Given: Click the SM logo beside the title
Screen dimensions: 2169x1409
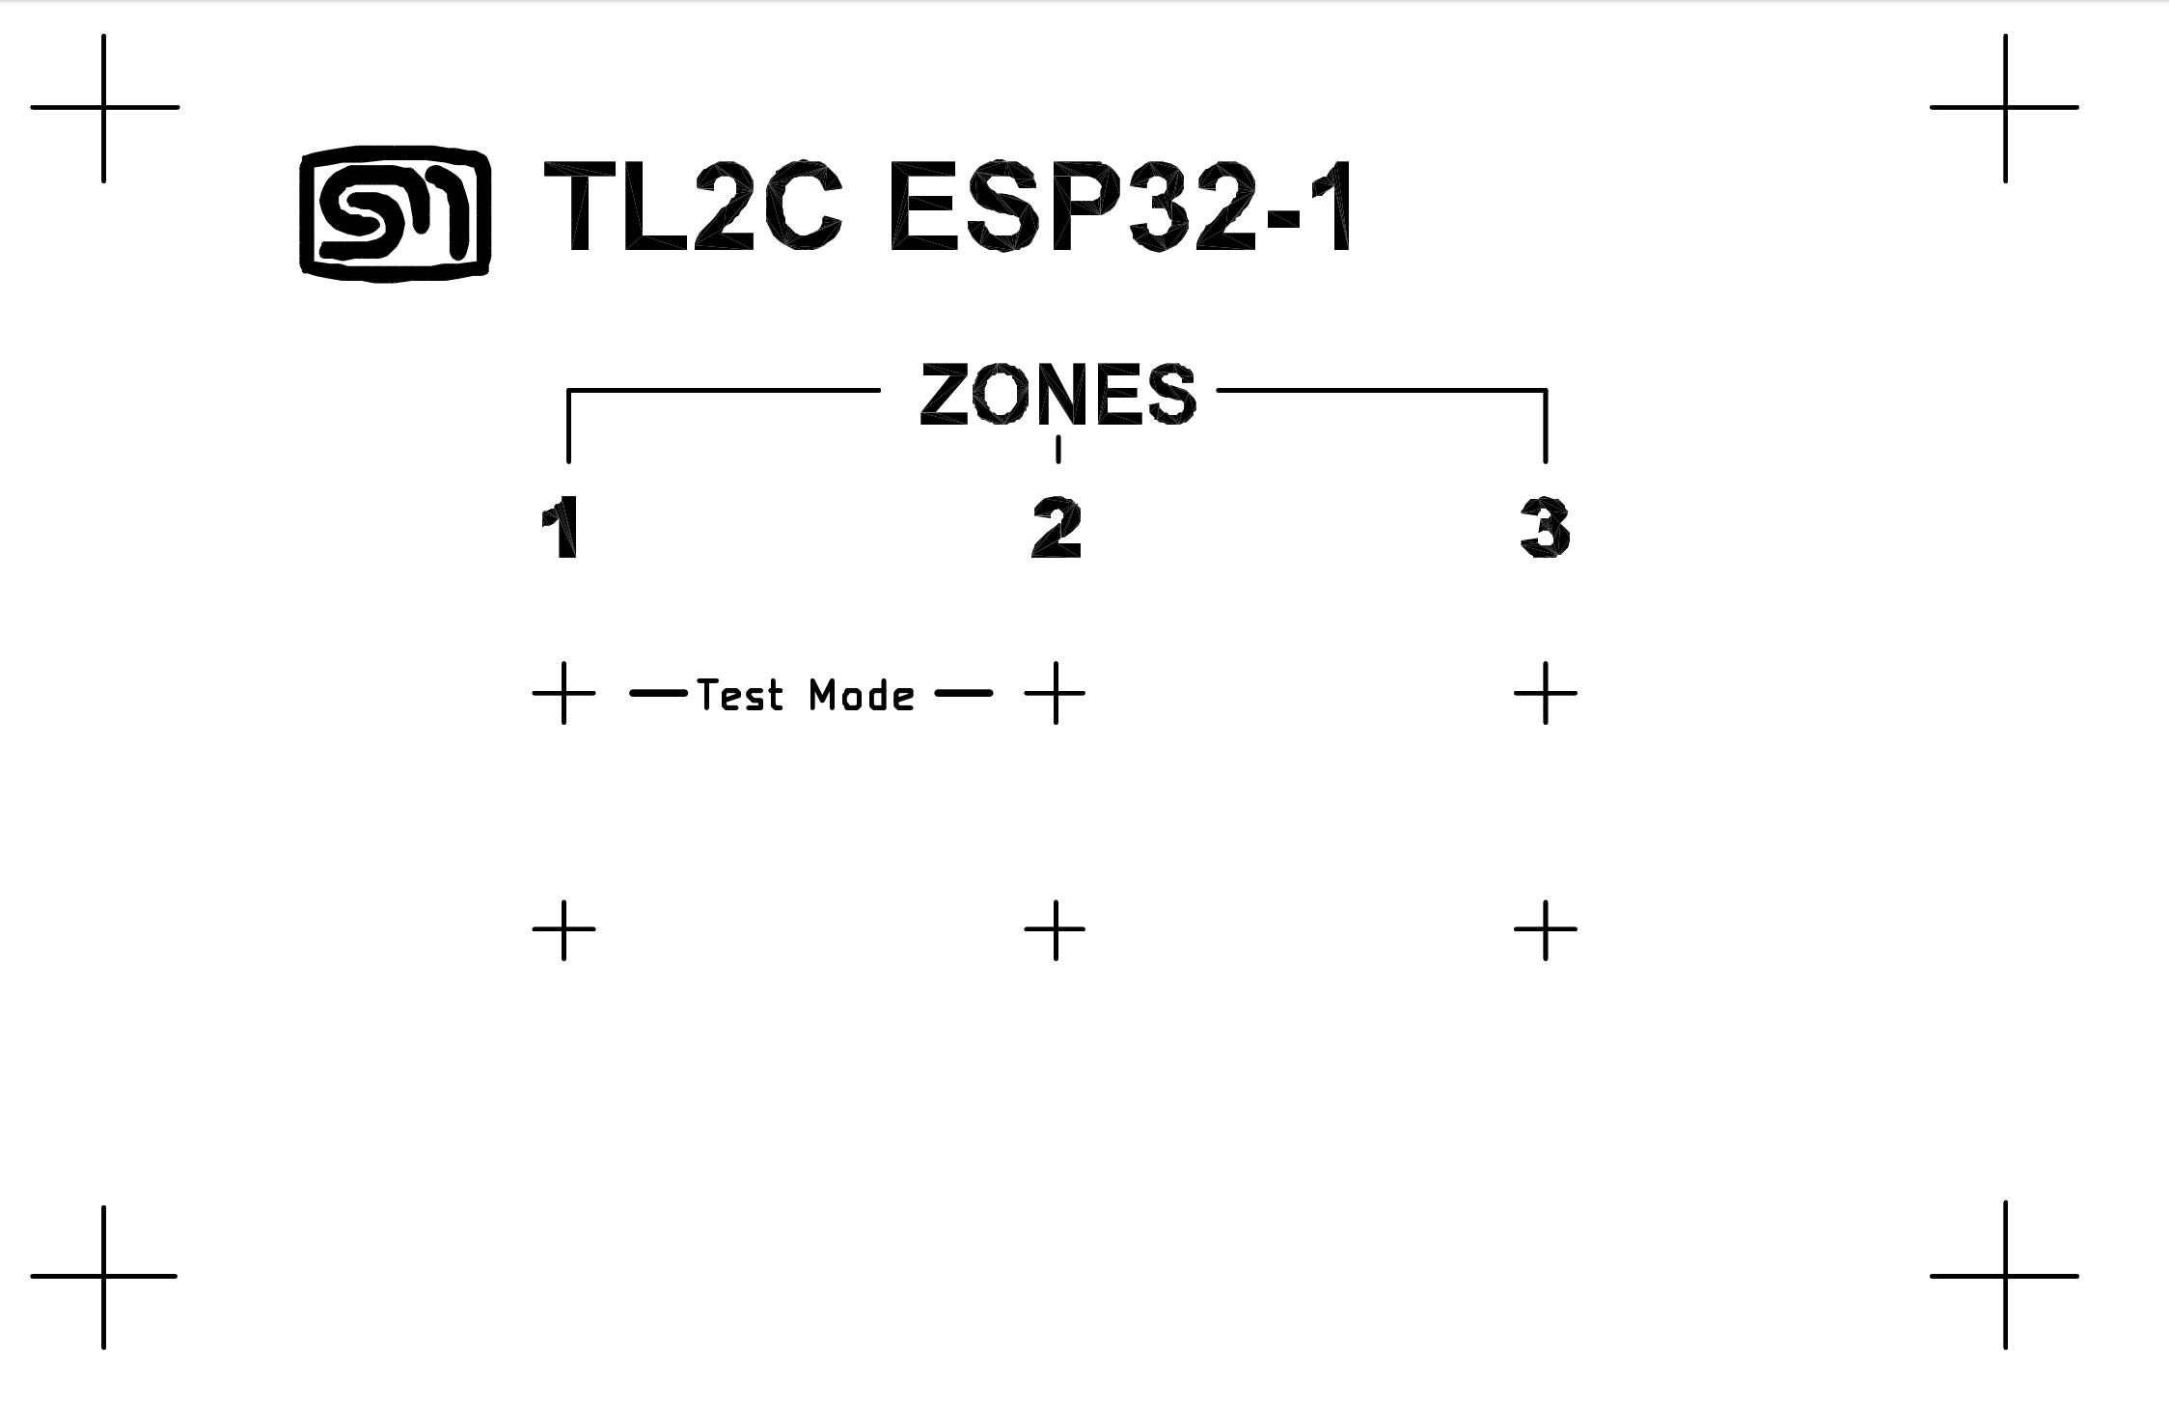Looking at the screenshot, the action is [396, 214].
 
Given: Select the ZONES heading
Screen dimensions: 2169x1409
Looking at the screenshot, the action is [1058, 394].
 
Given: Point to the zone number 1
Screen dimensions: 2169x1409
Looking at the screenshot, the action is [561, 528].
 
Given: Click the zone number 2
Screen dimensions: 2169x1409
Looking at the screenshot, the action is [1057, 528].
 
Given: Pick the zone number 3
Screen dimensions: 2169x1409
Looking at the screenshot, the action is [1545, 528].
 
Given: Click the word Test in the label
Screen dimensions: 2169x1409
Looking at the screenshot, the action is [740, 695].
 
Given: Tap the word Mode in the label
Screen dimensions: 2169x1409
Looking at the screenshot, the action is [862, 695].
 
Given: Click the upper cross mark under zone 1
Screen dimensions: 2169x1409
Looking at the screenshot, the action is [564, 693].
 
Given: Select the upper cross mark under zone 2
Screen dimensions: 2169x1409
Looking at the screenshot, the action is [1056, 693].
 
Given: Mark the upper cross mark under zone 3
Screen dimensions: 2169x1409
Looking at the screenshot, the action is [1546, 693].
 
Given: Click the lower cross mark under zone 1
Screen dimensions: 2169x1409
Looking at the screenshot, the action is [564, 929].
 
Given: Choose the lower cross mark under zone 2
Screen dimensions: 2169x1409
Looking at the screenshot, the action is [1056, 929].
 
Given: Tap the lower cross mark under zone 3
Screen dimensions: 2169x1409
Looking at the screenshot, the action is [1546, 929].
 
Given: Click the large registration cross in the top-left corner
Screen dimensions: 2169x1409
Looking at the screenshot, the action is [103, 107].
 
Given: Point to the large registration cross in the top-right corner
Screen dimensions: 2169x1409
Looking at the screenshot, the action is [2005, 107].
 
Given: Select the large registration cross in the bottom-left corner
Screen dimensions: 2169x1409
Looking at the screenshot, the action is [103, 1276].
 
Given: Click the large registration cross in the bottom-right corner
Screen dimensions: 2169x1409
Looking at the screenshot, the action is [2005, 1276].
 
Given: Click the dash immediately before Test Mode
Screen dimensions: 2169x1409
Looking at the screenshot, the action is [658, 693].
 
